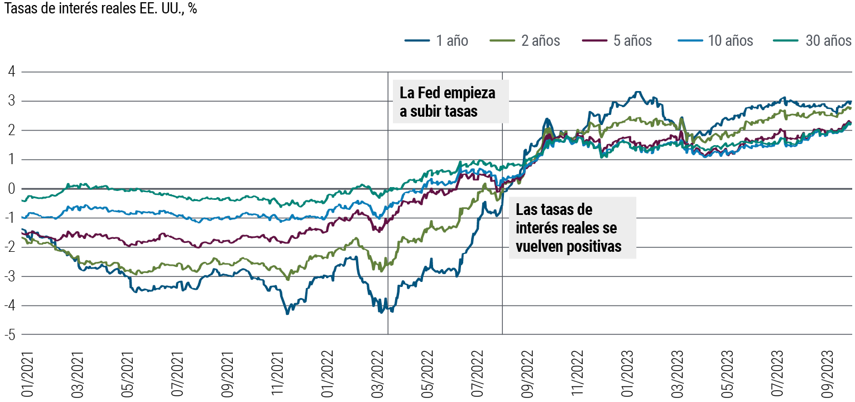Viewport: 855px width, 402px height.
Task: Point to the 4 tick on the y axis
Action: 11,72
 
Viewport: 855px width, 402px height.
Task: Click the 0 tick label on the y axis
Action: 11,189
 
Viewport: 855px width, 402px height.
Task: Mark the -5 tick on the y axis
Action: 9,335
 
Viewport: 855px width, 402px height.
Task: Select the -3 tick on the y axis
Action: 9,276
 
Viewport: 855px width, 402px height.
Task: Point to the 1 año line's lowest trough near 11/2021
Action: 287,314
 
